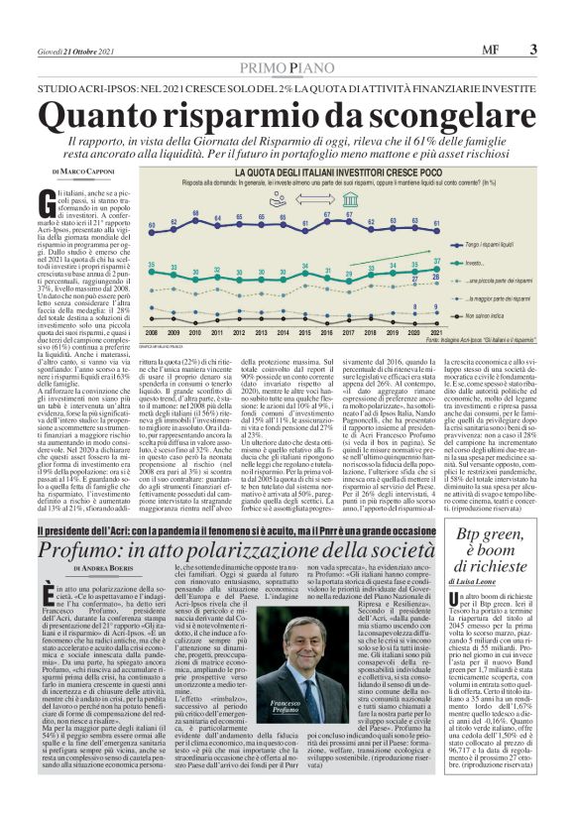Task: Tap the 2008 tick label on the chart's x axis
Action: click(151, 331)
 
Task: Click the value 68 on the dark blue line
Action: click(195, 214)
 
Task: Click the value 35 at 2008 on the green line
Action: click(151, 265)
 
